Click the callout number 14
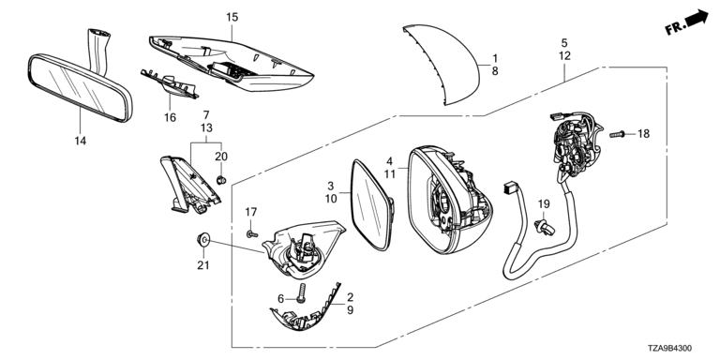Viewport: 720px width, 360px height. (x=81, y=141)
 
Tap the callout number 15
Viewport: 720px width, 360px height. (x=232, y=18)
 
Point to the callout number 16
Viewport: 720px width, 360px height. (x=170, y=117)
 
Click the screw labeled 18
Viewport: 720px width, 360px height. (x=617, y=135)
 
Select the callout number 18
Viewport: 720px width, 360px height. (x=644, y=134)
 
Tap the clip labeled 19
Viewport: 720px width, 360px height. (x=545, y=225)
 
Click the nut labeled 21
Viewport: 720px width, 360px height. (x=202, y=239)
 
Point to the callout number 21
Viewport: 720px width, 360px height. (x=202, y=265)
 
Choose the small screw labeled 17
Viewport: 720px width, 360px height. (x=251, y=234)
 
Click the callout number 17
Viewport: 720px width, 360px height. (x=250, y=212)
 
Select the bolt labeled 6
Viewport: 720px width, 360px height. (x=302, y=292)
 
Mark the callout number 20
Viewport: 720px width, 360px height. (x=221, y=157)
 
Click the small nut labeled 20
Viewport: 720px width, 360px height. (x=221, y=180)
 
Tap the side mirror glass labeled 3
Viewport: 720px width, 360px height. (x=372, y=204)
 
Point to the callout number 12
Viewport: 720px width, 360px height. (x=564, y=56)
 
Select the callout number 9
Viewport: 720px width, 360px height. (x=351, y=310)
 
